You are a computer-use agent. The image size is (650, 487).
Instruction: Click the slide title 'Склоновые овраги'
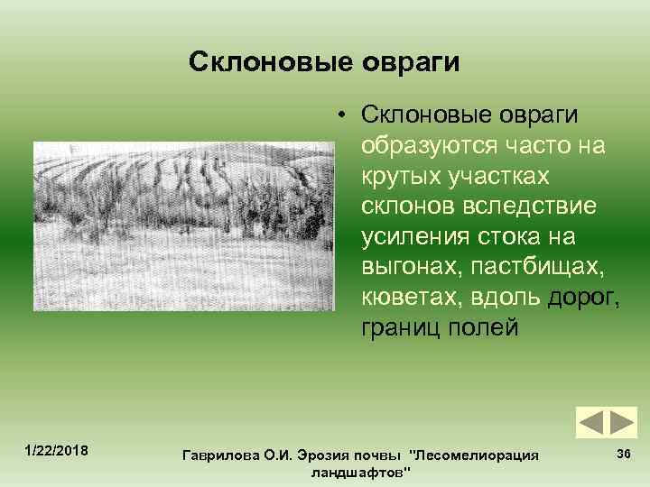[x=324, y=62]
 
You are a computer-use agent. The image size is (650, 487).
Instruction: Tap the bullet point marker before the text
[x=344, y=115]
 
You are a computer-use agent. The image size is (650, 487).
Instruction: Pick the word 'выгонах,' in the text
[x=403, y=266]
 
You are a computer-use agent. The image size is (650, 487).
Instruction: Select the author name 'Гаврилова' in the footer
[x=221, y=456]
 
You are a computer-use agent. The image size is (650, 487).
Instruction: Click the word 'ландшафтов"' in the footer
[x=359, y=473]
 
